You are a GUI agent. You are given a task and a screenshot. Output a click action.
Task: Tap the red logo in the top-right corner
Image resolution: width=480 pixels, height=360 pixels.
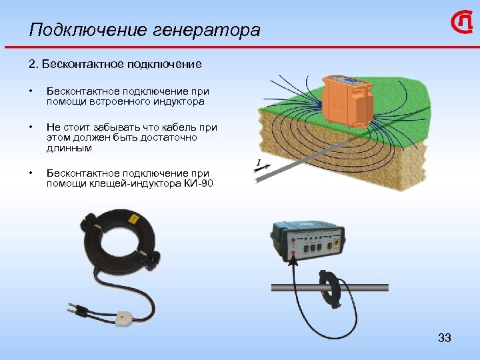click(462, 25)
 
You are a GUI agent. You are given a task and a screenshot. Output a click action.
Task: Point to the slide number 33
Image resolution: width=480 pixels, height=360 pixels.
click(445, 338)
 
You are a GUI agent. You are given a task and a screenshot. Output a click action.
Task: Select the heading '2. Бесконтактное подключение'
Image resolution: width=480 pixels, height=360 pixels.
click(115, 65)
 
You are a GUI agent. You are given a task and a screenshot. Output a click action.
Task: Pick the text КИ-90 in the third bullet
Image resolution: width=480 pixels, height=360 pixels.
click(198, 183)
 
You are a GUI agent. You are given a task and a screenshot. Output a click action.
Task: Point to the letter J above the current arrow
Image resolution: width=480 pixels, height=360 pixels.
click(258, 162)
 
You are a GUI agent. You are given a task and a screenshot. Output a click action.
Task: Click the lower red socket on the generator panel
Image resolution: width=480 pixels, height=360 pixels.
click(293, 253)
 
